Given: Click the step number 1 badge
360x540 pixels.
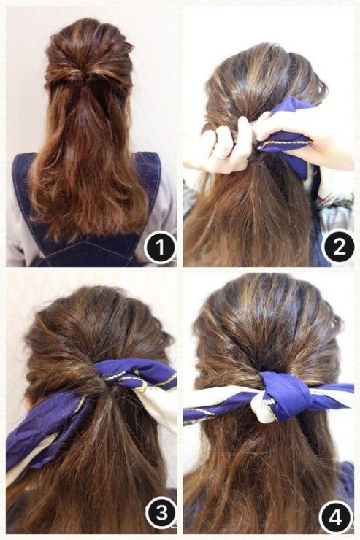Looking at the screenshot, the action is (160, 248).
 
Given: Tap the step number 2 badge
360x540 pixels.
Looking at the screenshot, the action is (338, 247).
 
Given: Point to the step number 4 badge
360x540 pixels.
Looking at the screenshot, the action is (336, 517).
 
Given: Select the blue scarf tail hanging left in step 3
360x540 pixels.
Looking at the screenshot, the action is (45, 434).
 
